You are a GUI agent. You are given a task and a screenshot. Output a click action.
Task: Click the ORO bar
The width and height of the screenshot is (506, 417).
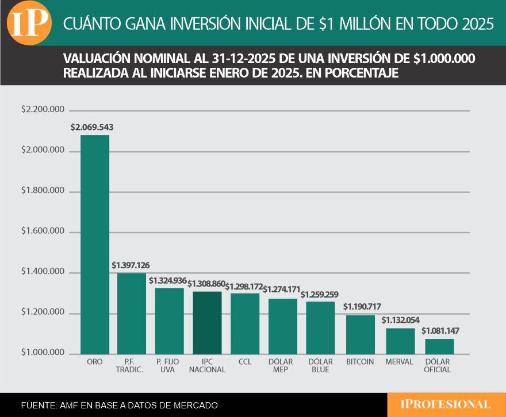(94, 244)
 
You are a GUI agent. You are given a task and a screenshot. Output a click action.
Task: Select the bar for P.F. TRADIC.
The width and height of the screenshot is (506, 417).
(132, 313)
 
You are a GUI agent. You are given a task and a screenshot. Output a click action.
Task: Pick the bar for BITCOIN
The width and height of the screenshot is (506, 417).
(361, 334)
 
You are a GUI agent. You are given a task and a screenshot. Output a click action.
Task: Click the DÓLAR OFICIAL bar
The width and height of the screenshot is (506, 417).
(439, 346)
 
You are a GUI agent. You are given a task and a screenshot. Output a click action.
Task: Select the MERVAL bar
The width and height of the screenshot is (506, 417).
(400, 341)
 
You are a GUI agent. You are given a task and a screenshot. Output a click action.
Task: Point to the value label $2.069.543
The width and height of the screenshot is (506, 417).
(92, 127)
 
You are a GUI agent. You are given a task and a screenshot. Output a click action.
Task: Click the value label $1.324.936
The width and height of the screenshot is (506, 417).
(168, 280)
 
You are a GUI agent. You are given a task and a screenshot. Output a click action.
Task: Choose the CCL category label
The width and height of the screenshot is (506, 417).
(244, 362)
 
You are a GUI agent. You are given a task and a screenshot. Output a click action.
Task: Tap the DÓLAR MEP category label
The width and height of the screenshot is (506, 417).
(282, 366)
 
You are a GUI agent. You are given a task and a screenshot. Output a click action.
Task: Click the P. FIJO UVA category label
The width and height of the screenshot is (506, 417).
(169, 366)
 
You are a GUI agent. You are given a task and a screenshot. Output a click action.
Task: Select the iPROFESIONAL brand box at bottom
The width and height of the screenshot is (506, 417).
(446, 404)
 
